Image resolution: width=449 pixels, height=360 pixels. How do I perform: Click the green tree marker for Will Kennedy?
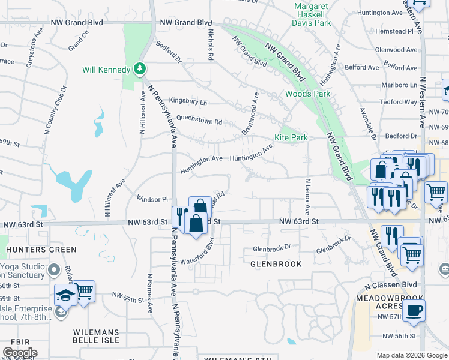[140, 70]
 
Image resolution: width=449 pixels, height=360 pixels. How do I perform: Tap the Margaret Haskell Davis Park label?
[312, 15]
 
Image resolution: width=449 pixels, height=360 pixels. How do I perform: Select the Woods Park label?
[307, 94]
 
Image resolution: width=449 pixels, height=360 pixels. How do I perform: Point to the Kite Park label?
[291, 137]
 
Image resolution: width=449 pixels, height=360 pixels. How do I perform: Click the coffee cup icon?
[413, 311]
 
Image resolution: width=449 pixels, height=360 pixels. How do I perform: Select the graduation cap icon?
[65, 295]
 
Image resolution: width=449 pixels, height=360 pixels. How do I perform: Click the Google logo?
[20, 352]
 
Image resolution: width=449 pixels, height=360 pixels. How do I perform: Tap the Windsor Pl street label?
[152, 199]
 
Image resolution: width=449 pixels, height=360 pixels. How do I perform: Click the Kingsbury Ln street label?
[188, 103]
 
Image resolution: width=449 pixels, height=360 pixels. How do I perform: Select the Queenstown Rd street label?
[199, 121]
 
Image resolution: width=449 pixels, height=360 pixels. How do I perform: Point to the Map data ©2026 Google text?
[411, 355]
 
